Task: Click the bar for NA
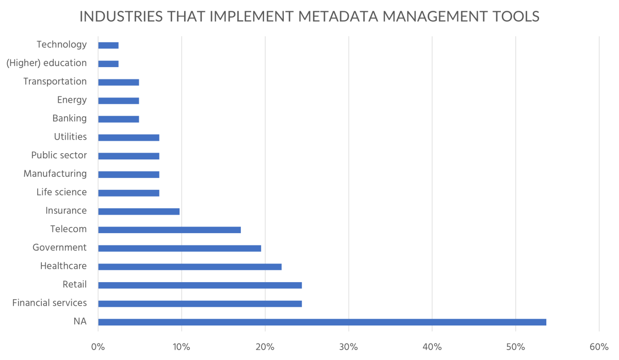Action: [x=322, y=322]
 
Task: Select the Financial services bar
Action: [x=200, y=304]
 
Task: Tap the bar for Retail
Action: [x=200, y=285]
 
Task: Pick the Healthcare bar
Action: [x=190, y=267]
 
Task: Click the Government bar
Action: [x=180, y=248]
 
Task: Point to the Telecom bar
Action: [x=169, y=230]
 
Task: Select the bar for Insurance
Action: [x=139, y=211]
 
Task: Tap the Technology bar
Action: [x=108, y=45]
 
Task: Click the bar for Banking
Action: [x=119, y=119]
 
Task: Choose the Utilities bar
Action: [x=128, y=138]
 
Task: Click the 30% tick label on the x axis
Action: [x=349, y=347]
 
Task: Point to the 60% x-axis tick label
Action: [x=599, y=347]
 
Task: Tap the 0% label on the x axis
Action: [x=98, y=347]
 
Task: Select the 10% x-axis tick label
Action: [x=182, y=347]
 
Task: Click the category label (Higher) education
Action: [x=46, y=63]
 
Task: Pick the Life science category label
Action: [x=61, y=192]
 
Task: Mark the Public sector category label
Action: [x=59, y=155]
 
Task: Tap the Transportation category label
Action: [x=55, y=81]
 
